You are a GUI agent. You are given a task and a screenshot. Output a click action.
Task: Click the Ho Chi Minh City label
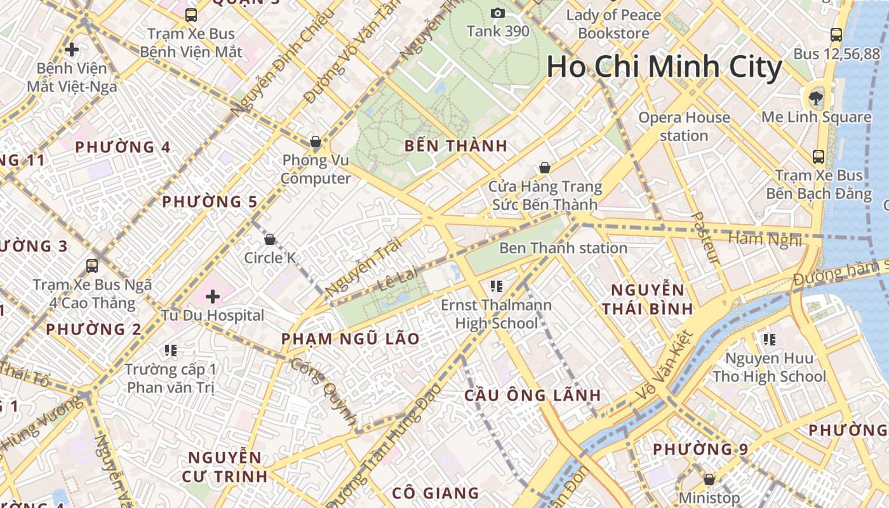664,67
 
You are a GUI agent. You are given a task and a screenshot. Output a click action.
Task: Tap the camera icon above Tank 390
498,13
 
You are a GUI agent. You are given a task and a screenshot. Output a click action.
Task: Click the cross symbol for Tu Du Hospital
212,296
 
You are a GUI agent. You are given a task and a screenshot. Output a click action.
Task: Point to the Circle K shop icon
270,239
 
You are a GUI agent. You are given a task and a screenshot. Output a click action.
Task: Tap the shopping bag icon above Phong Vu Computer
315,142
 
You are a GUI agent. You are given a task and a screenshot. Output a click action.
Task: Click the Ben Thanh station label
563,248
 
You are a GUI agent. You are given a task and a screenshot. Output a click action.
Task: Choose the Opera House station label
684,126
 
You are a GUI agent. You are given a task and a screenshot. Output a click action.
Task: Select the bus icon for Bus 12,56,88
836,35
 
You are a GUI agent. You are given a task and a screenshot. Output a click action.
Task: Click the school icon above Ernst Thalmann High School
497,286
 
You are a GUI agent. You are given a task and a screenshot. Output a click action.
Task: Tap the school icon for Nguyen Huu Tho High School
770,340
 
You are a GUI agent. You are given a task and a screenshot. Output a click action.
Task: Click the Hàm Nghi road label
765,239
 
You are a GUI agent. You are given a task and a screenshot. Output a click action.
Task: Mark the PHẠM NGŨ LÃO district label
351,338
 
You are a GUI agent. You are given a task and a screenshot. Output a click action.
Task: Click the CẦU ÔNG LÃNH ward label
532,395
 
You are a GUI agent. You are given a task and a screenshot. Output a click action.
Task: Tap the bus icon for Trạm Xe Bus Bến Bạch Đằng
819,156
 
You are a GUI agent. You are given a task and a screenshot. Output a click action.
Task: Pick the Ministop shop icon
709,479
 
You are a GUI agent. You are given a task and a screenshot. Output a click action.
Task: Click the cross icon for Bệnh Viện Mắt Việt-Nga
72,49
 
